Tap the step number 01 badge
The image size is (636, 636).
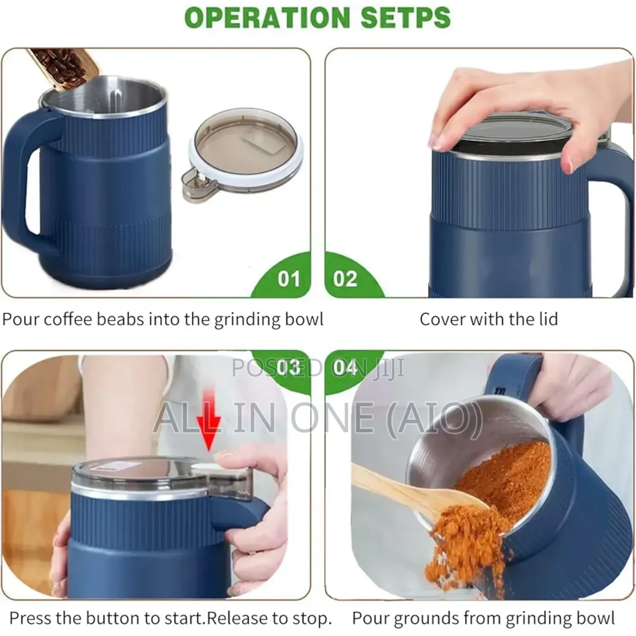point(289,279)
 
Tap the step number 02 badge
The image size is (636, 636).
point(345,279)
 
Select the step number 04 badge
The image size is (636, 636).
point(345,367)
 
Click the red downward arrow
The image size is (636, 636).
point(209,429)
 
